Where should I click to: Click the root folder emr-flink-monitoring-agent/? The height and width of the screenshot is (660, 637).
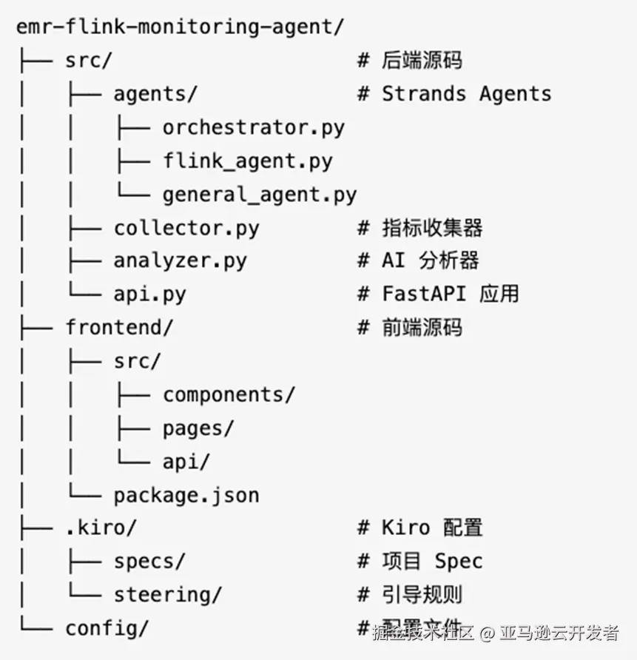pos(181,27)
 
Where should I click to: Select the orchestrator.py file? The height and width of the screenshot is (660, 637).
pos(254,127)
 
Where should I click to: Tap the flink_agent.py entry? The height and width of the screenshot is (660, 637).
pos(248,161)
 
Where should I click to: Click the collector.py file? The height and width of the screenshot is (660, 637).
pos(186,227)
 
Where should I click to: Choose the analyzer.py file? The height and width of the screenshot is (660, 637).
pos(180,260)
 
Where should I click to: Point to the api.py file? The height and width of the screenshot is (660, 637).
pos(149,294)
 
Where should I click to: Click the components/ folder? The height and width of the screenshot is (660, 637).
pos(229,394)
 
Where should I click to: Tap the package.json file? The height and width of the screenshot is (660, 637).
pos(186,494)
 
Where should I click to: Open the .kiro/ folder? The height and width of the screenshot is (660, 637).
pos(101,528)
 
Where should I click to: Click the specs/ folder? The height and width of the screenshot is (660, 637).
pos(149,561)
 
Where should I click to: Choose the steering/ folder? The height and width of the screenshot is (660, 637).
pos(167,594)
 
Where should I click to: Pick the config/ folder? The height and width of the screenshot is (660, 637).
pos(107,628)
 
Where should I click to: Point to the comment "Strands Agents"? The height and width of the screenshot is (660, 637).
pos(466,94)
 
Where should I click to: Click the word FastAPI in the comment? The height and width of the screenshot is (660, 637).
pos(423,294)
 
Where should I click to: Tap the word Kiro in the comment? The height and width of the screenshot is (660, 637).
pos(405,528)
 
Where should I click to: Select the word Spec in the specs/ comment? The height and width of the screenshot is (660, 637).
pos(459,561)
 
